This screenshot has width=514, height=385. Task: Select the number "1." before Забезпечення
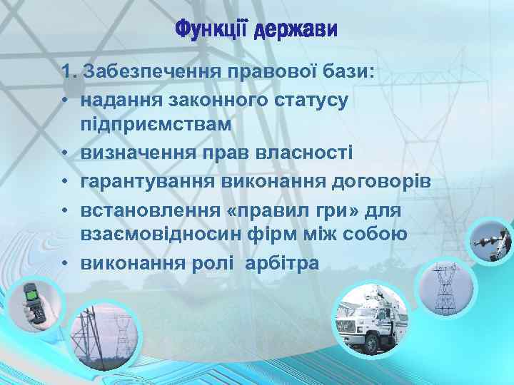pos(70,72)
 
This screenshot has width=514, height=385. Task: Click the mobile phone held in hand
pos(34,302)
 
